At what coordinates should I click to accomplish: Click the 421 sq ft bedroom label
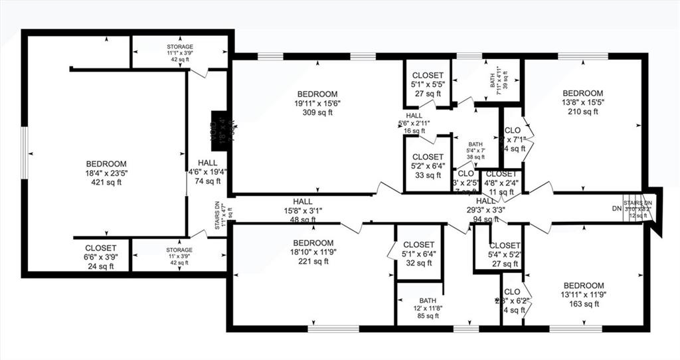tap(106, 173)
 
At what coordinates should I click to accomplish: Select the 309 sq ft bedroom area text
tap(317, 103)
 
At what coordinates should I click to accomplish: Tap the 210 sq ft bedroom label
tap(582, 102)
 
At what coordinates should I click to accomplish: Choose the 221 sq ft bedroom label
tap(313, 252)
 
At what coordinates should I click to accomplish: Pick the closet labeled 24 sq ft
tap(100, 257)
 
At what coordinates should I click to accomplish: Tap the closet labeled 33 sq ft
tap(428, 166)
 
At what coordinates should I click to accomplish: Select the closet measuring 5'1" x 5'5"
tap(428, 84)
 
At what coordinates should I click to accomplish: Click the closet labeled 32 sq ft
tap(418, 253)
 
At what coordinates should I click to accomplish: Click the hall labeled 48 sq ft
tap(302, 211)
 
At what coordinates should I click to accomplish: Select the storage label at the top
tap(179, 53)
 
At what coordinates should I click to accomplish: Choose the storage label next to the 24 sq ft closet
tap(179, 256)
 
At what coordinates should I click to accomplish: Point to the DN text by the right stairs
tap(616, 208)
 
